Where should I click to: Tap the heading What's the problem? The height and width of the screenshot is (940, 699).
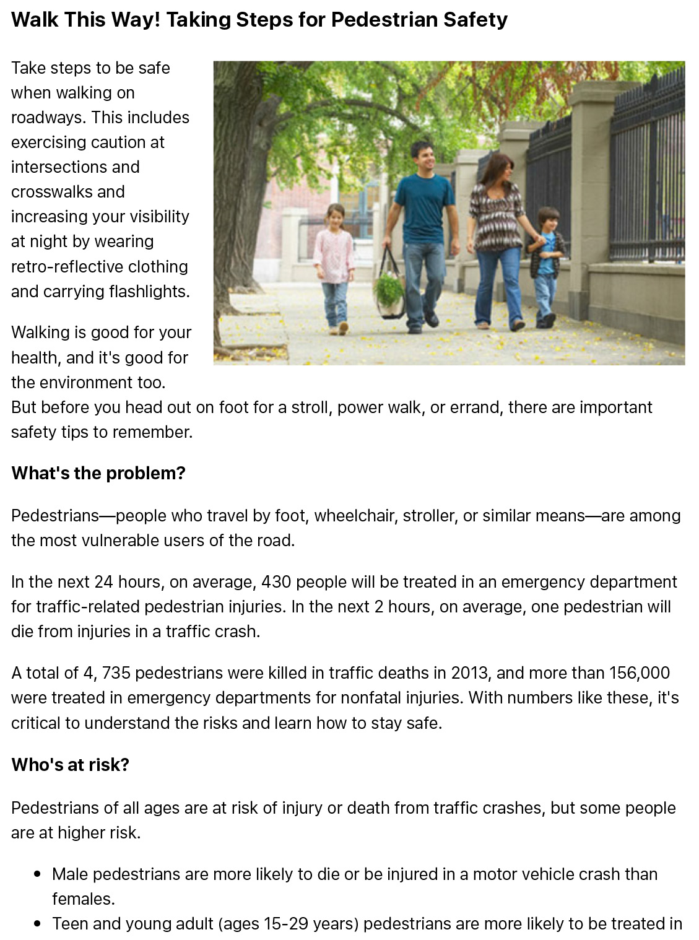click(98, 473)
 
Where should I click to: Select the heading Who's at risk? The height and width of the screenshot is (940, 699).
click(70, 765)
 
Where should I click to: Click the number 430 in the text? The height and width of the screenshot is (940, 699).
click(276, 582)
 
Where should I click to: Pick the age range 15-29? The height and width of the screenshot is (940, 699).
click(285, 924)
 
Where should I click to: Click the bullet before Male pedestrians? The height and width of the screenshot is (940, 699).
click(38, 874)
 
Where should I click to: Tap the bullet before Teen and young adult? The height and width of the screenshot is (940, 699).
click(38, 924)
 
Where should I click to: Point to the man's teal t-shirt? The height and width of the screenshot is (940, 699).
click(424, 207)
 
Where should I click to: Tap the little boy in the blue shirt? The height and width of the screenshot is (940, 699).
click(547, 260)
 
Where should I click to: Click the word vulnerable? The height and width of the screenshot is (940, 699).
click(123, 541)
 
